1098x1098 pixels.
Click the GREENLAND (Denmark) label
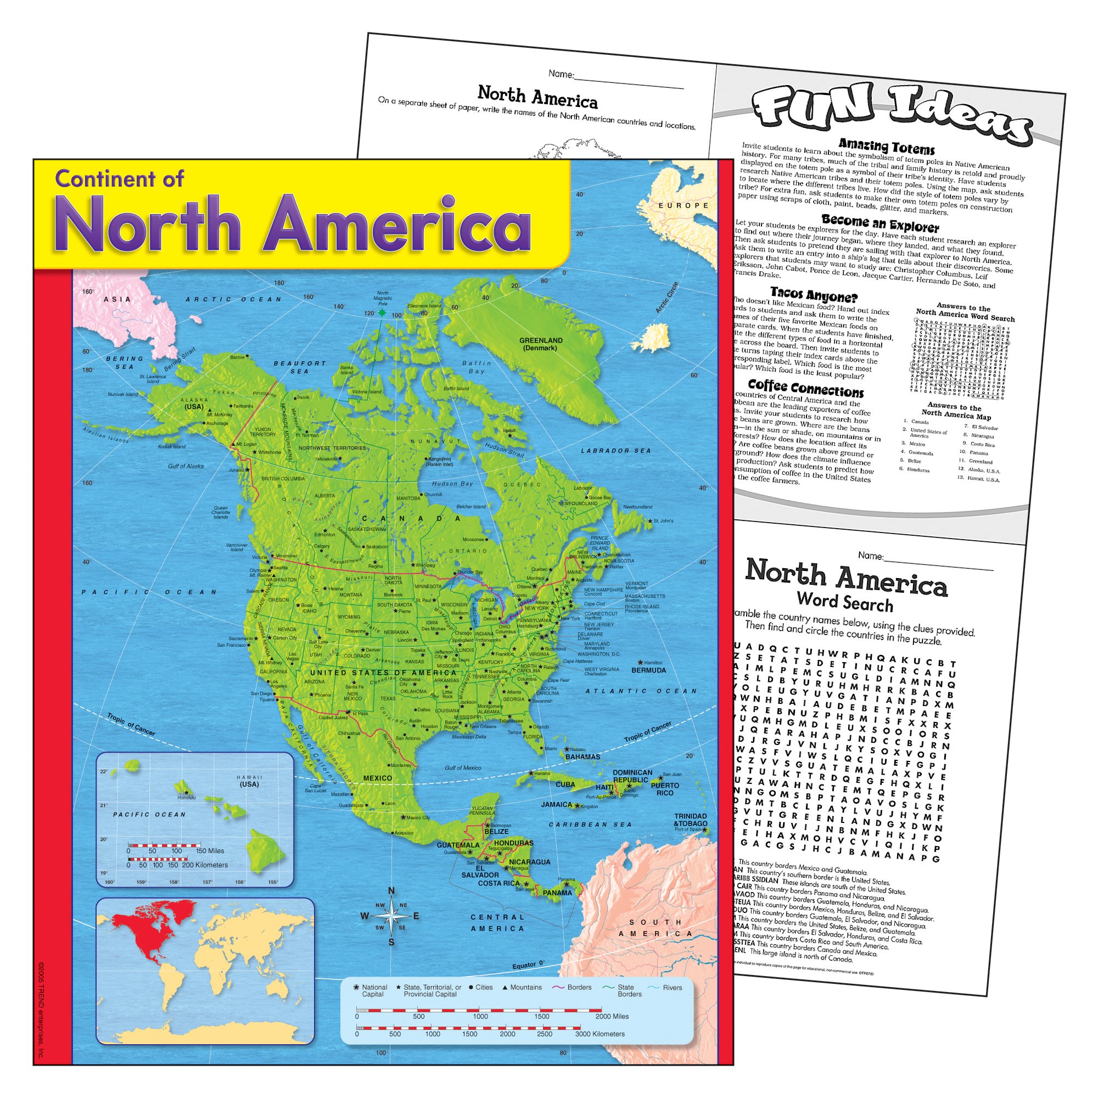click(x=540, y=344)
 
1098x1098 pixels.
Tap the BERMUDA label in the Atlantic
click(x=648, y=670)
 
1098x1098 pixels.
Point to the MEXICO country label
click(x=377, y=778)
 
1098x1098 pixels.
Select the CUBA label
click(x=565, y=785)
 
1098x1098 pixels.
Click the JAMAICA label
click(x=556, y=804)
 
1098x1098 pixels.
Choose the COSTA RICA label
click(x=498, y=883)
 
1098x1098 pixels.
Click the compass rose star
click(x=391, y=916)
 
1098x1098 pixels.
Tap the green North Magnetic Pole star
click(x=382, y=313)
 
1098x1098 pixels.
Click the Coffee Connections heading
click(x=805, y=389)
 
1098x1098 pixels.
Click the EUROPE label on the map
click(x=684, y=205)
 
